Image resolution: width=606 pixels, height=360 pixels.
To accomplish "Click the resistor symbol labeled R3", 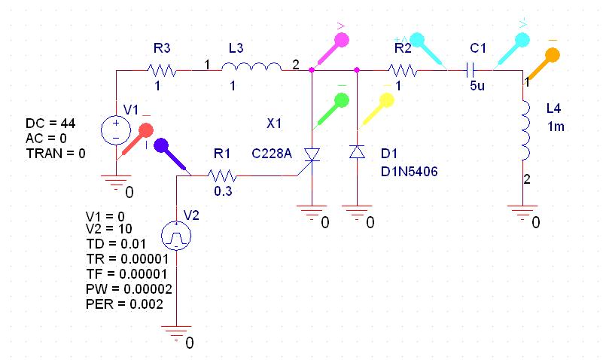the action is pos(163,70).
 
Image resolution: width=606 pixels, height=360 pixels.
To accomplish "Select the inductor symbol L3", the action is pos(251,67).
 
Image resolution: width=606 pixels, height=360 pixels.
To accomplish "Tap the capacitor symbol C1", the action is pos(470,70).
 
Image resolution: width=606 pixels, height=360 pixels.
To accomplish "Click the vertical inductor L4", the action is pos(525,130).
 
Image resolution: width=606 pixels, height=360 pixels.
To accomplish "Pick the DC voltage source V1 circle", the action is pos(116,130).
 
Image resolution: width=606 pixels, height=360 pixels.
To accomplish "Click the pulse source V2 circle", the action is pos(176,236).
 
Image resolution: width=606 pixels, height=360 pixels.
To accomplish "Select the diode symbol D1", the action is pos(357,151).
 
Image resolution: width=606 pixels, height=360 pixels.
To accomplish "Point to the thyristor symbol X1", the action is pos(312,155).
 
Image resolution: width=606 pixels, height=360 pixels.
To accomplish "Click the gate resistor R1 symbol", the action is pos(222,176).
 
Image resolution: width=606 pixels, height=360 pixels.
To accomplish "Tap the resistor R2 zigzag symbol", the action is pos(403,70).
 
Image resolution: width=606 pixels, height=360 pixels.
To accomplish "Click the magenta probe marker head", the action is pos(342,40).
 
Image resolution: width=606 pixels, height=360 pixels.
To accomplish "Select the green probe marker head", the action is pos(342,100).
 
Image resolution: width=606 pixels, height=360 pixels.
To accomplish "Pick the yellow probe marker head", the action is pos(386,100).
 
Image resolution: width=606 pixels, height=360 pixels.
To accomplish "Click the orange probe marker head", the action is pos(553,55).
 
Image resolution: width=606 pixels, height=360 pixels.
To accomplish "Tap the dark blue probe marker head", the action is pos(161,146).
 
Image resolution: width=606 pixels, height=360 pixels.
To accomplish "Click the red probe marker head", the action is pos(146,130).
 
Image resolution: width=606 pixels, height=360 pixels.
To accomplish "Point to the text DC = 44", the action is pos(50,124).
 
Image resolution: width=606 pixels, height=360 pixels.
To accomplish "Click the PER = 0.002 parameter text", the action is pos(124,304).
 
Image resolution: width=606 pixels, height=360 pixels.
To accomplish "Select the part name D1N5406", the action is pos(410,171).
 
